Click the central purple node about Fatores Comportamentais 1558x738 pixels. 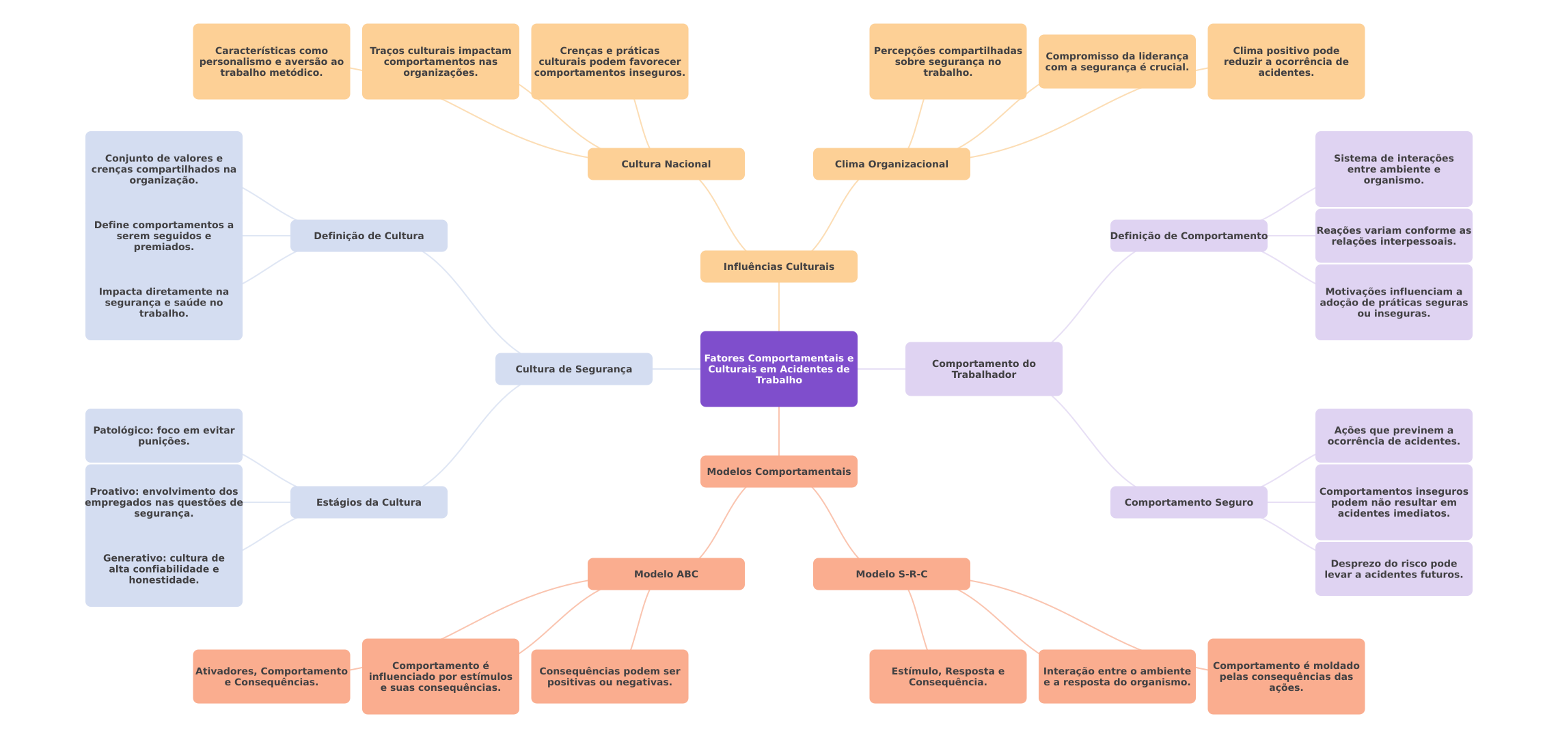[778, 369]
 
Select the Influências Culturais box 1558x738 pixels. [778, 266]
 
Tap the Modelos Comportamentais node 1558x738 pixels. [778, 471]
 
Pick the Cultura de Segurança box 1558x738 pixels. [573, 369]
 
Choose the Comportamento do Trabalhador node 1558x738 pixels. [983, 369]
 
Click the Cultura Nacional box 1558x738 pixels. [666, 164]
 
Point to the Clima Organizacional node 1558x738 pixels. [891, 164]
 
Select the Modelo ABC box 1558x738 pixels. [666, 574]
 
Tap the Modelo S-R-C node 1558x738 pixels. [891, 574]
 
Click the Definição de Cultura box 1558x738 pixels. [368, 236]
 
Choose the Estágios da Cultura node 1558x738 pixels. [368, 502]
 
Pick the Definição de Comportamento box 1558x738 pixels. [1188, 236]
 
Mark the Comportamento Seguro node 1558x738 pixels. [1188, 502]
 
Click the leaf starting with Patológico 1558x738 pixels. [163, 436]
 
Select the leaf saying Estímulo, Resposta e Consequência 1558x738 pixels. [948, 676]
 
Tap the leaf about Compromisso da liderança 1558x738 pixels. [1117, 61]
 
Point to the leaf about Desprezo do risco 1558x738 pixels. [1393, 569]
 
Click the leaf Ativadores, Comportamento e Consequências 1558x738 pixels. [271, 676]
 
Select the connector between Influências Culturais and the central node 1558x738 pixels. [779, 307]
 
